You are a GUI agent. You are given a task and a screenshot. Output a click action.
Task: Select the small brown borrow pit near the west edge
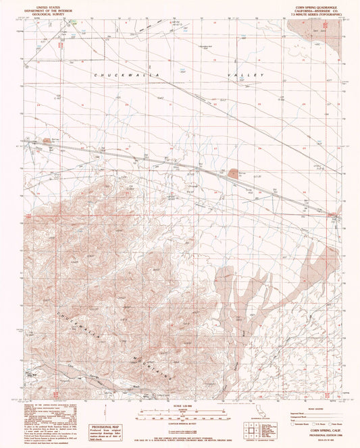(x=47, y=140)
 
